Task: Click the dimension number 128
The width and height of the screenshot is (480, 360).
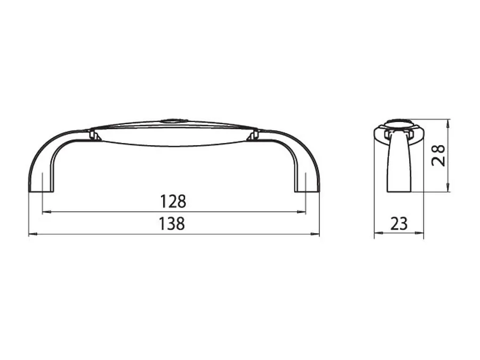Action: (173, 202)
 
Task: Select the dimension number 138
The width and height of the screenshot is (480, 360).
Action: (172, 223)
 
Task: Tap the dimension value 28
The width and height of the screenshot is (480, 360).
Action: (438, 156)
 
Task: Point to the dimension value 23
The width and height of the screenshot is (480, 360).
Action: (399, 223)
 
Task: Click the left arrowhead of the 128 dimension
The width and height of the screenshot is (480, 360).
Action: (46, 212)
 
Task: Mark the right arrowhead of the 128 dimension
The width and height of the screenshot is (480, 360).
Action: (301, 212)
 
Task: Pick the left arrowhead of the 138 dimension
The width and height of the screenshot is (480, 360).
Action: (33, 234)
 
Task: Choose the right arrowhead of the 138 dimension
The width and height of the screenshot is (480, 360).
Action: (315, 234)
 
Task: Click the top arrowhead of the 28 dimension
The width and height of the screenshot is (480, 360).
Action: (448, 123)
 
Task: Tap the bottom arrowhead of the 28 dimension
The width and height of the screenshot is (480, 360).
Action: (448, 188)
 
